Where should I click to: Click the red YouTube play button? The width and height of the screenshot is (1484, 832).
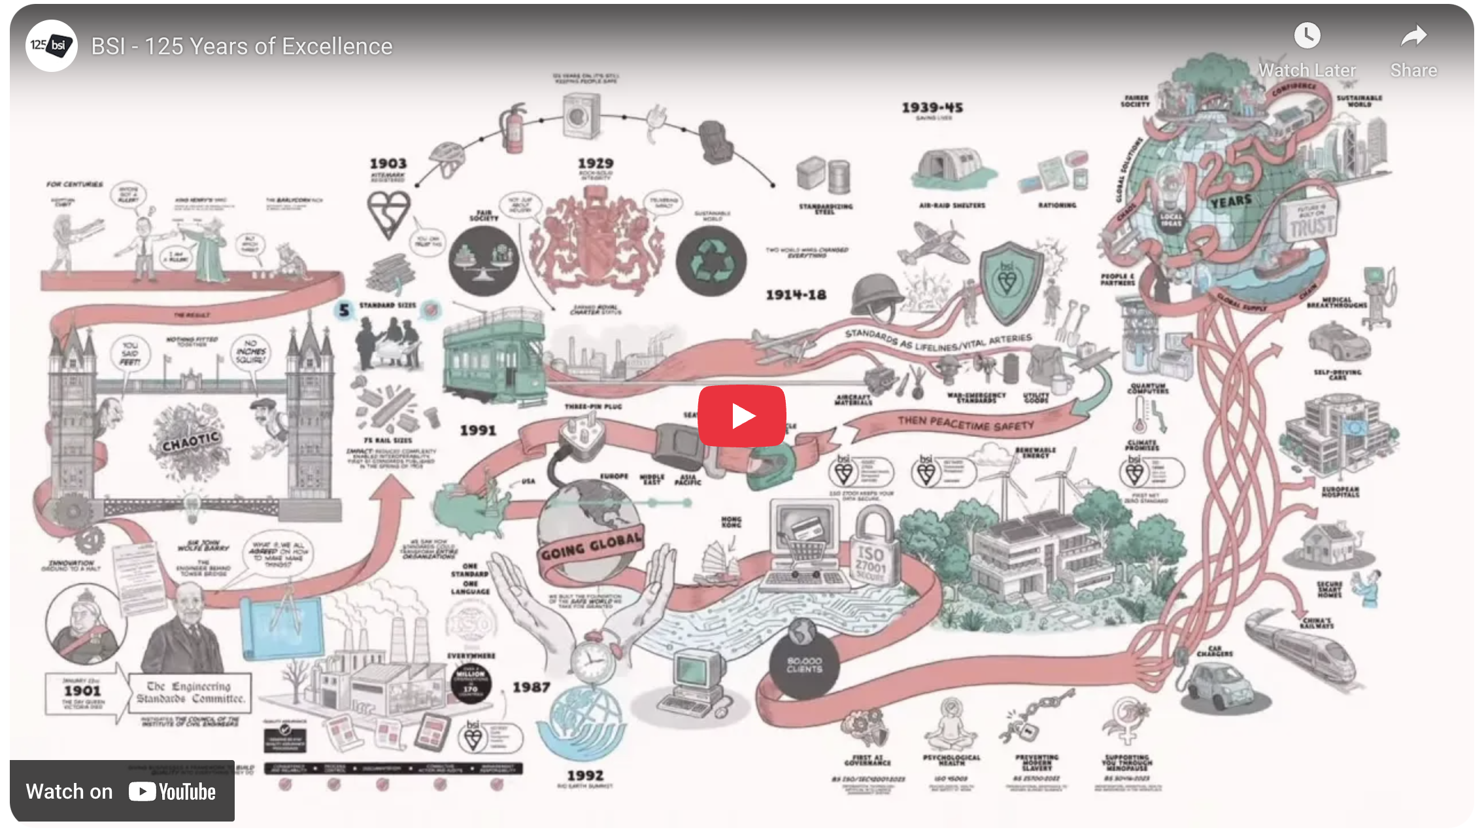741,416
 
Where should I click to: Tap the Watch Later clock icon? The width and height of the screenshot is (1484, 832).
1307,36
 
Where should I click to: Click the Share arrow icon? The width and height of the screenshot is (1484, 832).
1413,36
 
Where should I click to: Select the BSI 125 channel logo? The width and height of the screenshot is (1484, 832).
51,46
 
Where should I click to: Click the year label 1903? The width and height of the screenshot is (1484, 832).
388,164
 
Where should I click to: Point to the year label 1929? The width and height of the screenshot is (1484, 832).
595,164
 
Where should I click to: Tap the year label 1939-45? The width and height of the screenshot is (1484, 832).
932,108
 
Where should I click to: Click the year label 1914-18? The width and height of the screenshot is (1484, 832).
796,295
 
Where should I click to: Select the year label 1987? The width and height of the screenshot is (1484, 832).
531,687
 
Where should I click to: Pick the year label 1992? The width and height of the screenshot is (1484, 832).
585,776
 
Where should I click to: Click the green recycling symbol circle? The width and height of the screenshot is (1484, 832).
711,260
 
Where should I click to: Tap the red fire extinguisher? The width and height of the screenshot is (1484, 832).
514,128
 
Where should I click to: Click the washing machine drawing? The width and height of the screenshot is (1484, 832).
581,116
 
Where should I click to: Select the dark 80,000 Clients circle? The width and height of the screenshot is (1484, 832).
804,665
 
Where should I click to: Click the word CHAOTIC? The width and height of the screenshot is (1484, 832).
190,442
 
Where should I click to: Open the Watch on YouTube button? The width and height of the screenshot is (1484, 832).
122,791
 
